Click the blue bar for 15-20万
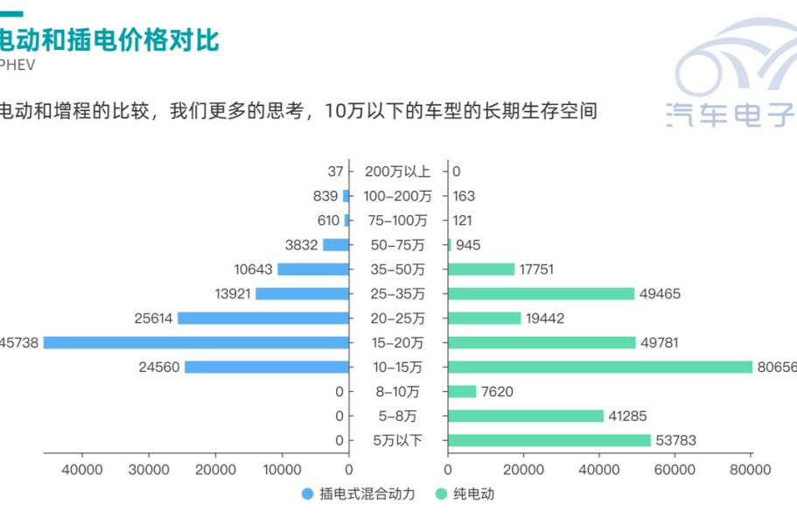tap(196, 343)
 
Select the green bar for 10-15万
tap(600, 367)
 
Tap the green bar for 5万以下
tap(549, 441)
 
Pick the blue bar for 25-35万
tap(302, 294)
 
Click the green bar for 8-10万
tap(462, 392)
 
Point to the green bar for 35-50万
tap(481, 269)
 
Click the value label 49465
tap(661, 294)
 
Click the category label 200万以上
tap(398, 171)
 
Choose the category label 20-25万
tap(398, 318)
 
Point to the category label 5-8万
tap(398, 416)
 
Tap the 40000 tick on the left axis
tap(82, 470)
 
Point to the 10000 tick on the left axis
tap(283, 470)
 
